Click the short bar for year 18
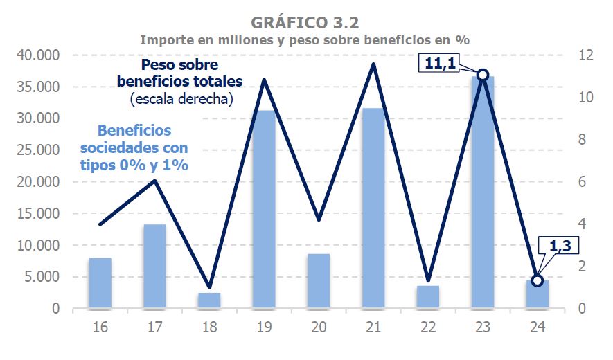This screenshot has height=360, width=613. point(209,300)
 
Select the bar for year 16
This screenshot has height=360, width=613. point(100,283)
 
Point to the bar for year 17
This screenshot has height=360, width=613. point(154,267)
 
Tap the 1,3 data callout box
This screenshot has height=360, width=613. point(558,246)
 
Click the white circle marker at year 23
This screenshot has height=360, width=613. point(483,75)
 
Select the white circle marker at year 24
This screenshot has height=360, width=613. point(537,280)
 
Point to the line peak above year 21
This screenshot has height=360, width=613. point(373,64)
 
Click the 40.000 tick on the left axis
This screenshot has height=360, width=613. point(41,55)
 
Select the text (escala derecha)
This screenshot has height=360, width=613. point(181,100)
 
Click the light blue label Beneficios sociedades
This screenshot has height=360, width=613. point(134,139)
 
